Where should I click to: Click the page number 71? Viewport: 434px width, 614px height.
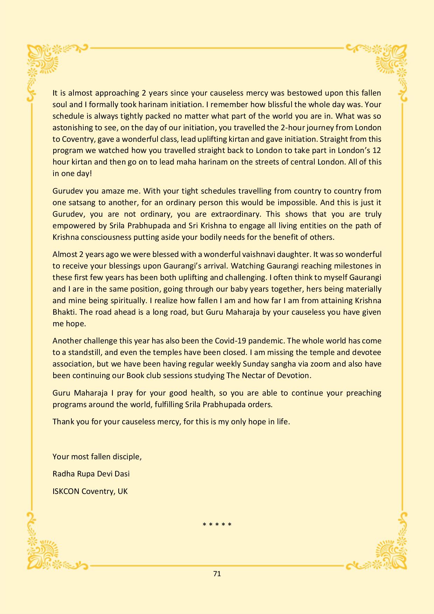click(x=217, y=574)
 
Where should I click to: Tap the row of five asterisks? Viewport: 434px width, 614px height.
click(x=217, y=524)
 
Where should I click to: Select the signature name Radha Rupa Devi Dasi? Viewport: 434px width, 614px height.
click(x=91, y=474)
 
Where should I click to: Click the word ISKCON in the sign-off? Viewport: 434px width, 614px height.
click(x=66, y=491)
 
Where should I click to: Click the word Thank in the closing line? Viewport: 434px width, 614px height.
click(x=63, y=421)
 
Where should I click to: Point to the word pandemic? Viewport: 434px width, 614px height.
click(x=268, y=341)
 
